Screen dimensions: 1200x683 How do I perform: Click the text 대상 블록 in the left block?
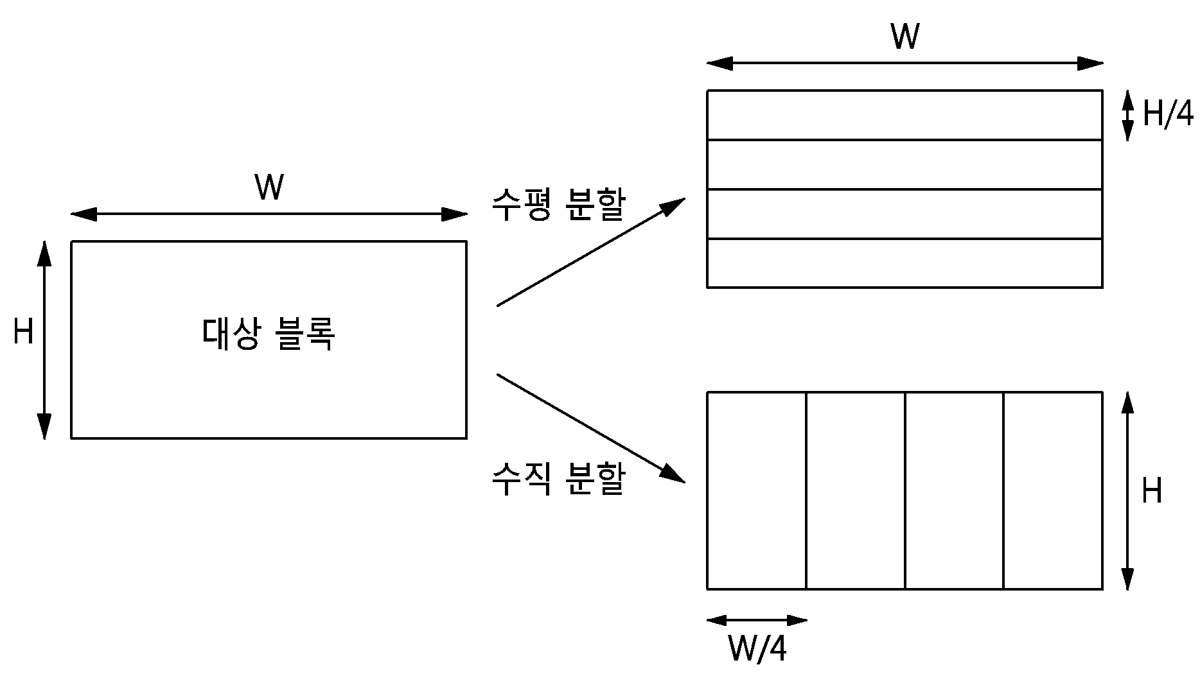point(269,334)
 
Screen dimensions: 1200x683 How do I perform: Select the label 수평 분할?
point(558,205)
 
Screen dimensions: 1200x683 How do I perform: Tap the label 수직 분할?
point(558,480)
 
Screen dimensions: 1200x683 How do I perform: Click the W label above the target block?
point(269,188)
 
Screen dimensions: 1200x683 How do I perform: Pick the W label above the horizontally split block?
point(904,37)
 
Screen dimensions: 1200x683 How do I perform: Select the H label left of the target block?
point(24,333)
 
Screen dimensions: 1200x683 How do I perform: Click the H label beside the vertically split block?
point(1152,491)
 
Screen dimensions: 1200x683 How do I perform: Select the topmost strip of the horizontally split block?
point(904,115)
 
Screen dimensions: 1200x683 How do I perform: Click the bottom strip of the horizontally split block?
point(904,263)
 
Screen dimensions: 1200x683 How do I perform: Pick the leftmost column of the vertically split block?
point(757,490)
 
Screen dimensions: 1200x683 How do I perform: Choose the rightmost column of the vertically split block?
point(1053,490)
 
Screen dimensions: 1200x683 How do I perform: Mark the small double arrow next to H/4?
point(1127,116)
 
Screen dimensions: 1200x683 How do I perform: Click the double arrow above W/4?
point(757,620)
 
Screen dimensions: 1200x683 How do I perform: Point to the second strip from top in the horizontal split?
point(904,164)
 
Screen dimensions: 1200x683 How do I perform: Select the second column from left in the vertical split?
point(856,490)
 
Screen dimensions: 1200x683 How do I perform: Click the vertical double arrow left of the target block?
point(44,340)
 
